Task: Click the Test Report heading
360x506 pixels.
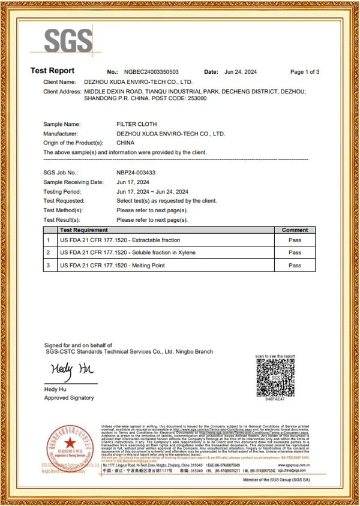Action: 53,71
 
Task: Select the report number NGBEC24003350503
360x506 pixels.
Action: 151,72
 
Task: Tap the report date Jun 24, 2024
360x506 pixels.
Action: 240,72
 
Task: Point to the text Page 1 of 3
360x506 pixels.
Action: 304,72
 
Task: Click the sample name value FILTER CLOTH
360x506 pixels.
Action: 136,124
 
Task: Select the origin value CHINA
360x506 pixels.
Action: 125,143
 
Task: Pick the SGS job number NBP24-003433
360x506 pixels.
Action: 135,172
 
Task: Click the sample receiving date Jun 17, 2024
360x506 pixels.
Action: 133,182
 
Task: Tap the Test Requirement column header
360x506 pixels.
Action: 84,230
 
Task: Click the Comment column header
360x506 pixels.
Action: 295,230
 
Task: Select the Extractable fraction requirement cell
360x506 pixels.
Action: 120,240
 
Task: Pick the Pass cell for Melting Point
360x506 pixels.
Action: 295,266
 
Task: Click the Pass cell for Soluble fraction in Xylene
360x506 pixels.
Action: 295,252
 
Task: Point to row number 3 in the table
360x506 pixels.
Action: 48,266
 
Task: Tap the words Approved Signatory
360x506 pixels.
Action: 69,397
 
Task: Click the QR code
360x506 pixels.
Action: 275,377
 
